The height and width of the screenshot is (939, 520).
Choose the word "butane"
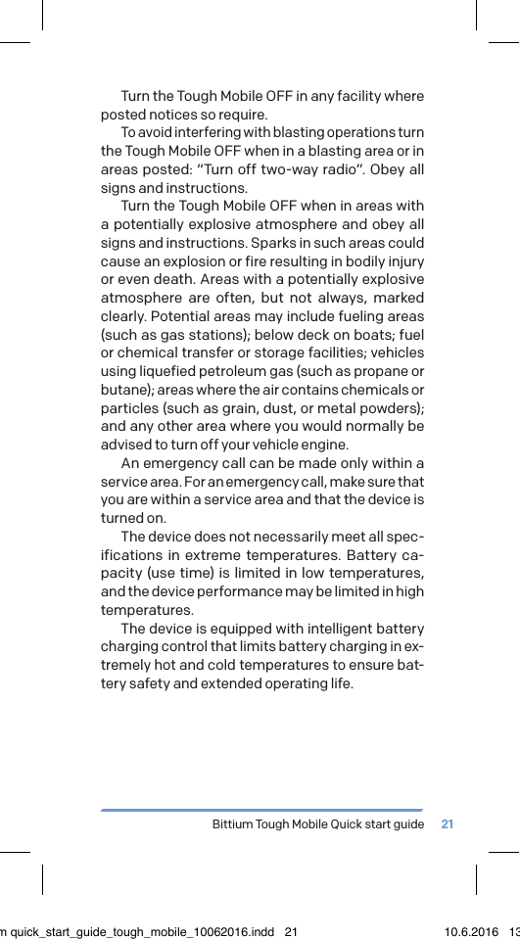[x=124, y=390]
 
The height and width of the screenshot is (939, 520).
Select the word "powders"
[x=394, y=407]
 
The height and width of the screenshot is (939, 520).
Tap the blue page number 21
[x=448, y=824]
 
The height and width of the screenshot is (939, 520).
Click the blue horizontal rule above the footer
[x=261, y=810]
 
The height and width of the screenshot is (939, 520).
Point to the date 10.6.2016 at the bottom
[x=471, y=931]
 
